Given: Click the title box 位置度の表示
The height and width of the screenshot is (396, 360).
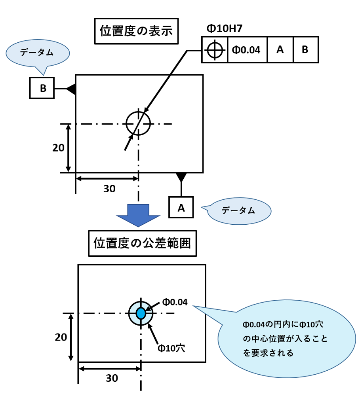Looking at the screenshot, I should (136, 31).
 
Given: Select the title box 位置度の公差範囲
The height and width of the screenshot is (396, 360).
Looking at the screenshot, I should (142, 243).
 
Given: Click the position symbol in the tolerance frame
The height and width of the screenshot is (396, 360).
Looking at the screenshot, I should (215, 50).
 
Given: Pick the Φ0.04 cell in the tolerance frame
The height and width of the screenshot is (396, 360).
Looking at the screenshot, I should (247, 50).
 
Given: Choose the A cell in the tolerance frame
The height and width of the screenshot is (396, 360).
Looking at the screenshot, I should (280, 50).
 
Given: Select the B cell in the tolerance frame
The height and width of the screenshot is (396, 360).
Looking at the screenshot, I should (305, 50).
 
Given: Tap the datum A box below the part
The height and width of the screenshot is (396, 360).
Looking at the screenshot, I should (181, 207).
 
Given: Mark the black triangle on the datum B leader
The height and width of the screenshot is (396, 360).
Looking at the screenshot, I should (71, 89).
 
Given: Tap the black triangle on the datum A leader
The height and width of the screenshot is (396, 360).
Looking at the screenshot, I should (181, 176).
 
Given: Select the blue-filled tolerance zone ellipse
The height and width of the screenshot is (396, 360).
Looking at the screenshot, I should (141, 313).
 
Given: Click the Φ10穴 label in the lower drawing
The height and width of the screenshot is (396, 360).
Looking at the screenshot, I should (171, 348).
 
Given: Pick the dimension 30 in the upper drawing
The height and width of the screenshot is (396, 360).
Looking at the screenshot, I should (109, 189).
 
